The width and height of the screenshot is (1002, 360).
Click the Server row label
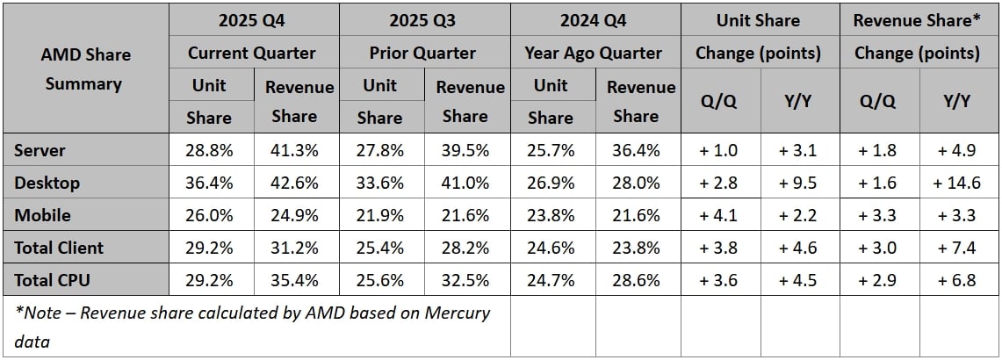40,150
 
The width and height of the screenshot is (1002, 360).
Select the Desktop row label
47,183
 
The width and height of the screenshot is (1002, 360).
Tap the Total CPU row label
52,280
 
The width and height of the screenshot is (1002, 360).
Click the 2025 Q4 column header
252,20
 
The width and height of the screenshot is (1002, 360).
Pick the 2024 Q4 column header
594,20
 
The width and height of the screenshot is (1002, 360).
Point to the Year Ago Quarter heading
594,53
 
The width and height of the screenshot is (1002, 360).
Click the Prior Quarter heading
423,53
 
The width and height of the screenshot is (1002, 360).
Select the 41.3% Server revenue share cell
294,150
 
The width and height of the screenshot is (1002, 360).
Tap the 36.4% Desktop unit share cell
209,183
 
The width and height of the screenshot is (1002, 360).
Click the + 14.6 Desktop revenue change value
960,183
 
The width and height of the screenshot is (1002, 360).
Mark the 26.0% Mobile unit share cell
209,215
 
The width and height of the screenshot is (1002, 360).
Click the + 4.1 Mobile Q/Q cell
718,215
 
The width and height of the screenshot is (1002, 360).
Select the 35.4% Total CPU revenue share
294,280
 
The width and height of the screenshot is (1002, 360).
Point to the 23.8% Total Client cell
636,248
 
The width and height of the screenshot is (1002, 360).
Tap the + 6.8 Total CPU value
960,280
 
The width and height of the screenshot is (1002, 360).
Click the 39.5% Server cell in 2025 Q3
465,150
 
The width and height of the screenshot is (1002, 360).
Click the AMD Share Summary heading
86,69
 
